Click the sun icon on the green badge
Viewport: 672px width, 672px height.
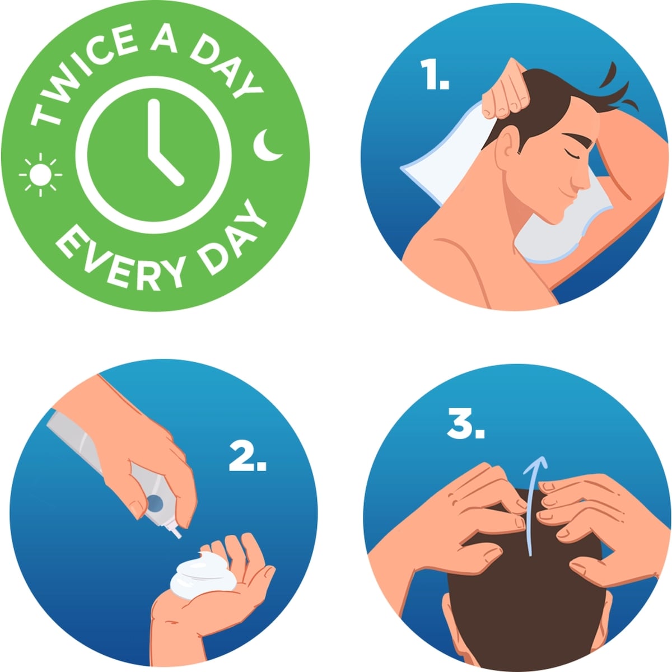[x=40, y=175]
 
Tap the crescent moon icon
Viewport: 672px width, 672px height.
[x=266, y=146]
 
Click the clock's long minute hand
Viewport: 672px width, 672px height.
[x=154, y=127]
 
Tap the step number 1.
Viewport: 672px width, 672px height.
[x=435, y=74]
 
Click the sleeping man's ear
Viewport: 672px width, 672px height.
[x=508, y=142]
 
